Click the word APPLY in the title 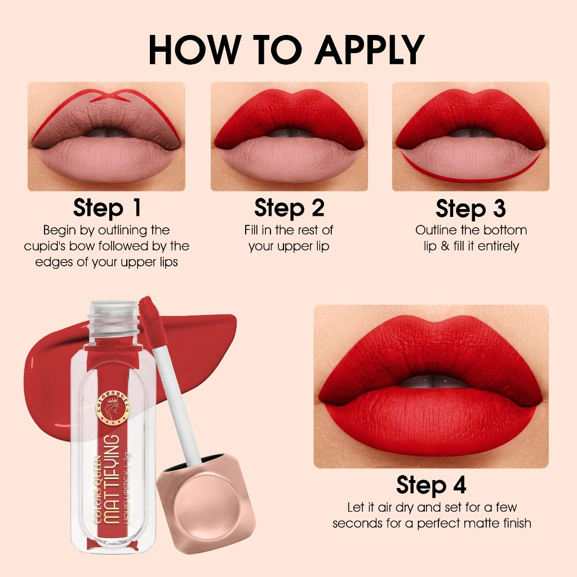point(369,49)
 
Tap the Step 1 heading point(106,208)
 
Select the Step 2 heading point(289,208)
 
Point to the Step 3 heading point(471,208)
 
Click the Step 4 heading point(431,485)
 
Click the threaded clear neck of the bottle point(113,316)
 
